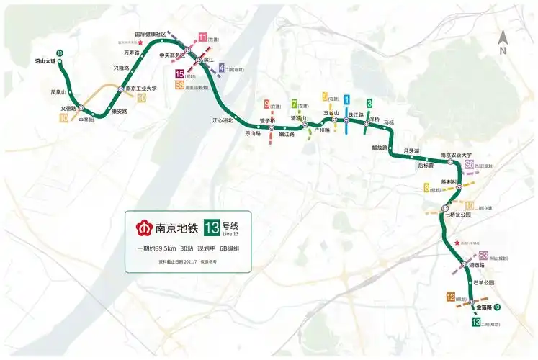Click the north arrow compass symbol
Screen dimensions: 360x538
pos(503,44)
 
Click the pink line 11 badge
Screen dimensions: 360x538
pos(203,37)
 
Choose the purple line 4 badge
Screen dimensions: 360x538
pos(220,68)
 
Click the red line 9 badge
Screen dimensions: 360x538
pos(266,104)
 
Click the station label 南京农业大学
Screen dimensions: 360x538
pos(456,155)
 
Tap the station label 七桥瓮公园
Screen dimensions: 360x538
pos(457,215)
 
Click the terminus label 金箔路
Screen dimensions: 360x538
pos(483,307)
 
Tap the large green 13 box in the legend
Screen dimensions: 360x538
pos(212,227)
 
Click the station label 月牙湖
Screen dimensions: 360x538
pos(411,150)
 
